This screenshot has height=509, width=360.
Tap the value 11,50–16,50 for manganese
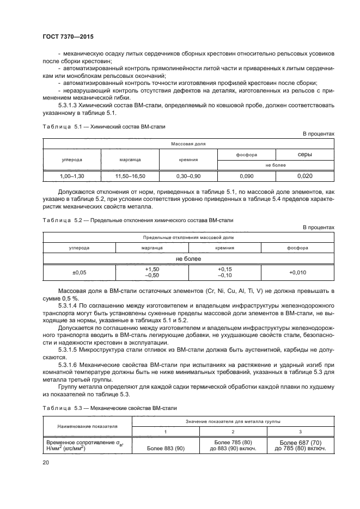coord(130,176)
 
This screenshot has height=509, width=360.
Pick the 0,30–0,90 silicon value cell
coord(188,176)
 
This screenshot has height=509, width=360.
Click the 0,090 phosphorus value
coord(246,176)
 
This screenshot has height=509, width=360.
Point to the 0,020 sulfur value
coord(305,176)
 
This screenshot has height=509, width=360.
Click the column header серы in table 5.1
coord(305,155)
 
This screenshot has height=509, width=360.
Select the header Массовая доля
coord(188,145)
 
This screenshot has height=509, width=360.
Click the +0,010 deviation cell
coord(298,272)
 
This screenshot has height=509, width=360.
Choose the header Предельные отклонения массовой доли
coord(188,238)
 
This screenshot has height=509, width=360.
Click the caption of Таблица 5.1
coord(103,126)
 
